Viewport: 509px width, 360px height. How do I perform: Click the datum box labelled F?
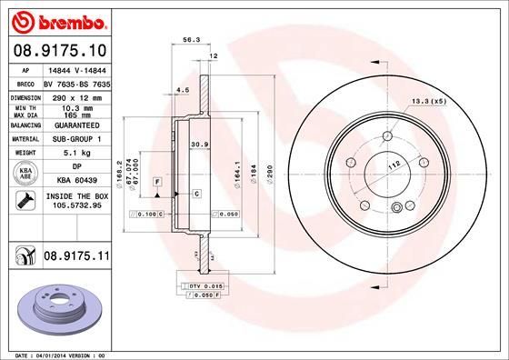(x=157, y=182)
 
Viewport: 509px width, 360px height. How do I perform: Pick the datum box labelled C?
(x=195, y=194)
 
